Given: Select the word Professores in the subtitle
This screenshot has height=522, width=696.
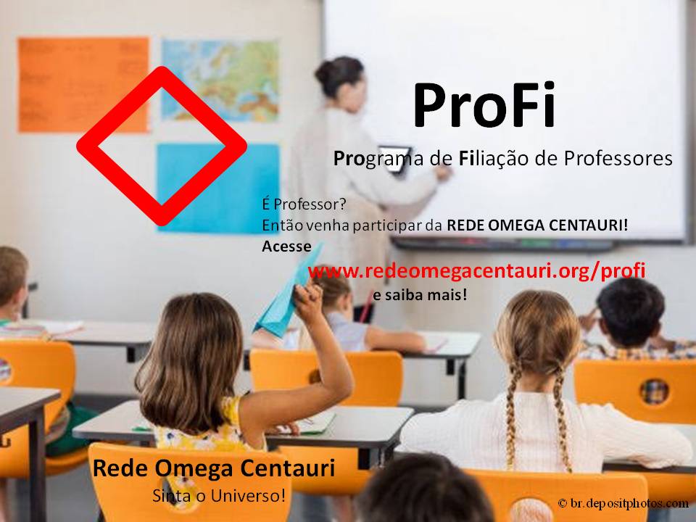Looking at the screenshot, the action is pos(618,158).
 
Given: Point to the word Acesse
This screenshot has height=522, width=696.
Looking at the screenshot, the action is pos(286,246).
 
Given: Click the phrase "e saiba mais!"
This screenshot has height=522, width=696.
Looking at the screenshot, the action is pos(420,294).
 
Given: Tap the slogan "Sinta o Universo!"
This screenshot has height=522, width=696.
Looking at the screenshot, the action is pos(219,495).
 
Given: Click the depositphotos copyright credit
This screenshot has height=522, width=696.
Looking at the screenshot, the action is pos(623,503).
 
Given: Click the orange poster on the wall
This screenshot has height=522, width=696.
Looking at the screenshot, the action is pos(83,84).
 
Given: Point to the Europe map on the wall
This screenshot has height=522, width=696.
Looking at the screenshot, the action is pos(220,80).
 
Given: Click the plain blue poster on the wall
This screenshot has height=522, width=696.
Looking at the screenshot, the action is pos(218,188).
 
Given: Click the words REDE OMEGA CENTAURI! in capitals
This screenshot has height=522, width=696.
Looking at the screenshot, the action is pos(537,225).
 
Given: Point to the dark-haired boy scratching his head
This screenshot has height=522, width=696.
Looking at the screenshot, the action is pos(630,315).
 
